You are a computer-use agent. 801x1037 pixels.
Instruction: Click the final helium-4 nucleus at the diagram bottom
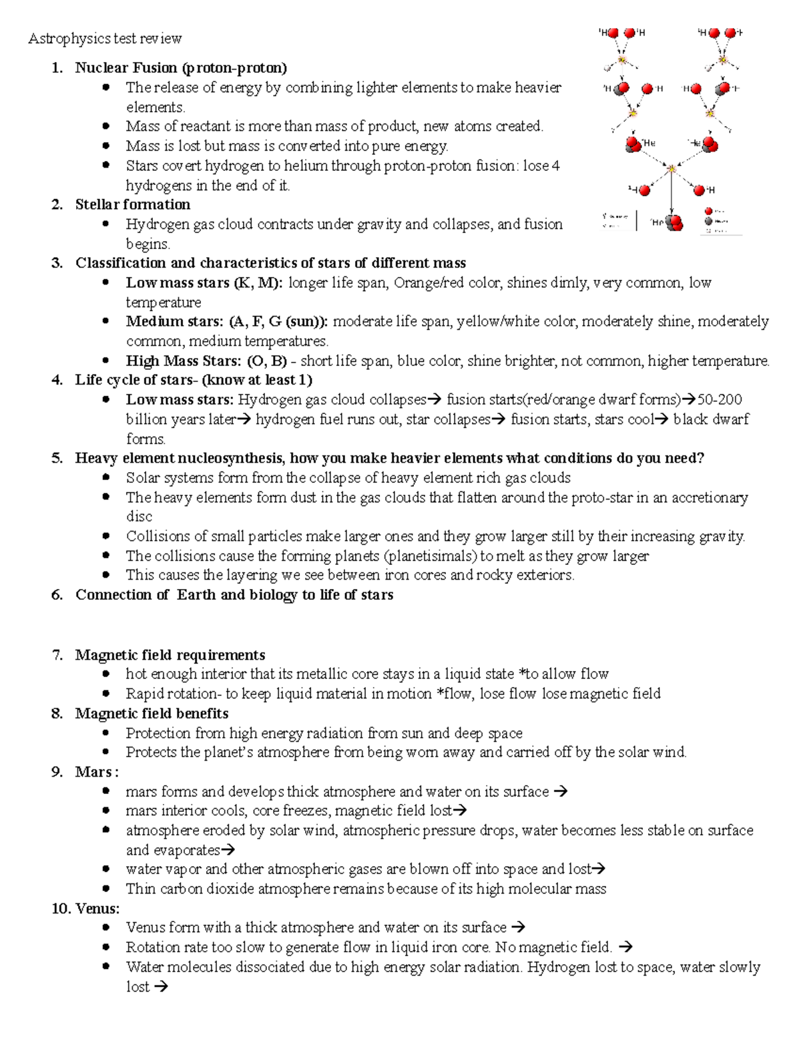point(675,222)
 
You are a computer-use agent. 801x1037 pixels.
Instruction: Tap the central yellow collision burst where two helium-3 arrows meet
point(672,169)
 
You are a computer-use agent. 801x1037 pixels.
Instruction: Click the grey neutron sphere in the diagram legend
point(709,221)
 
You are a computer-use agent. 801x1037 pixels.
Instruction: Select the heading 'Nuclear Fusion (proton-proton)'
point(181,67)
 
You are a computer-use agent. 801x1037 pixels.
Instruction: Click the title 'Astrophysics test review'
point(105,38)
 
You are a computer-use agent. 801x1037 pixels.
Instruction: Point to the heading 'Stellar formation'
point(132,204)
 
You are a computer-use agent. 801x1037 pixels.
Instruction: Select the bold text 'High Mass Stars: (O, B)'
point(206,361)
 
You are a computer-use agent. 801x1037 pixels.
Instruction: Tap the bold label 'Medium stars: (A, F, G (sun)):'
point(227,321)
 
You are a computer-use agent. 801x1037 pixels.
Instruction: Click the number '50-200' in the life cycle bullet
point(720,399)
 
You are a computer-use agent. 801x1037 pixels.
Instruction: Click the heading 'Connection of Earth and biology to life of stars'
point(234,594)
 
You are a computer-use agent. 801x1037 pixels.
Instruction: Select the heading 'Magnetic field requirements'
point(170,654)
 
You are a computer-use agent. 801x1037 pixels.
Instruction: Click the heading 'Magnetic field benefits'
point(152,713)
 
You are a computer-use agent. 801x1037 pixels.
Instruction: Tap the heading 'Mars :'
point(97,772)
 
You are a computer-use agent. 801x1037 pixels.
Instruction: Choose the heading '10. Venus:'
point(85,908)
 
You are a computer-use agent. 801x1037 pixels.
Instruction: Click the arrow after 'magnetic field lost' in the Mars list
point(460,811)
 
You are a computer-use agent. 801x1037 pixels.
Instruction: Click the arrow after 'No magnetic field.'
point(625,947)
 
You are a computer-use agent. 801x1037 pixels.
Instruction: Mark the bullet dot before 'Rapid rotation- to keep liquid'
point(105,693)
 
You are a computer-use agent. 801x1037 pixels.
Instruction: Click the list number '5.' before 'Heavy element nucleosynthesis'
point(57,458)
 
